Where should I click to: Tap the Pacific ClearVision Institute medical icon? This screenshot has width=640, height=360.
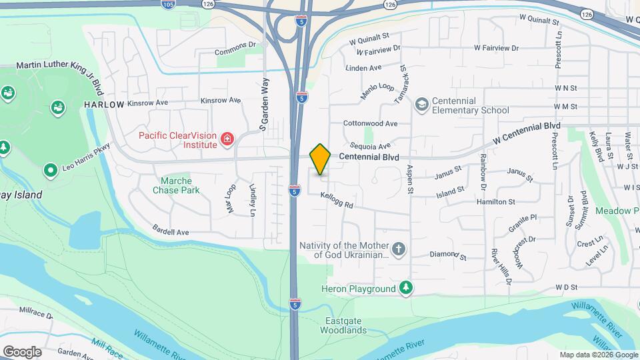[227, 139]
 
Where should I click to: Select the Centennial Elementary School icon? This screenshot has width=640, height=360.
[421, 105]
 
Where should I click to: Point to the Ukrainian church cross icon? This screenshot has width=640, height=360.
[399, 250]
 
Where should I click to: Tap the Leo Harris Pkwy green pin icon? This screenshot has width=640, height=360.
[50, 171]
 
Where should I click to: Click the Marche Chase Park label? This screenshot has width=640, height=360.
[176, 185]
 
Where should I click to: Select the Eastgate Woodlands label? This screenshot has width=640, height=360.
[346, 325]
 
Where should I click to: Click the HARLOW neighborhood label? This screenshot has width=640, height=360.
[104, 105]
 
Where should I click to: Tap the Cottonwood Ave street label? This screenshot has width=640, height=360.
[370, 123]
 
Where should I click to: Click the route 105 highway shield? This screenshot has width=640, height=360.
[168, 5]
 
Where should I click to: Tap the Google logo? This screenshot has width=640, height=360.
[22, 351]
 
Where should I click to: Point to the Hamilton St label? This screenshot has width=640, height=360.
[495, 201]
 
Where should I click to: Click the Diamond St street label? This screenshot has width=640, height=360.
[447, 255]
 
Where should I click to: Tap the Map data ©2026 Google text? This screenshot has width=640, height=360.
[597, 355]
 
